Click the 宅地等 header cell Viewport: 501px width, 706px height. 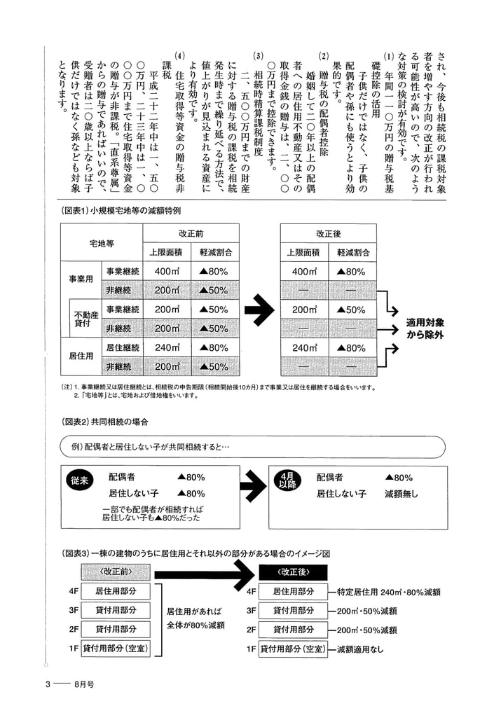102,244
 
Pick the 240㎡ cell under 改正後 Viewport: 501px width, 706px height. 305,347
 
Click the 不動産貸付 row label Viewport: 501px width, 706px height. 83,319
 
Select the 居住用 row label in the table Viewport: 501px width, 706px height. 80,357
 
